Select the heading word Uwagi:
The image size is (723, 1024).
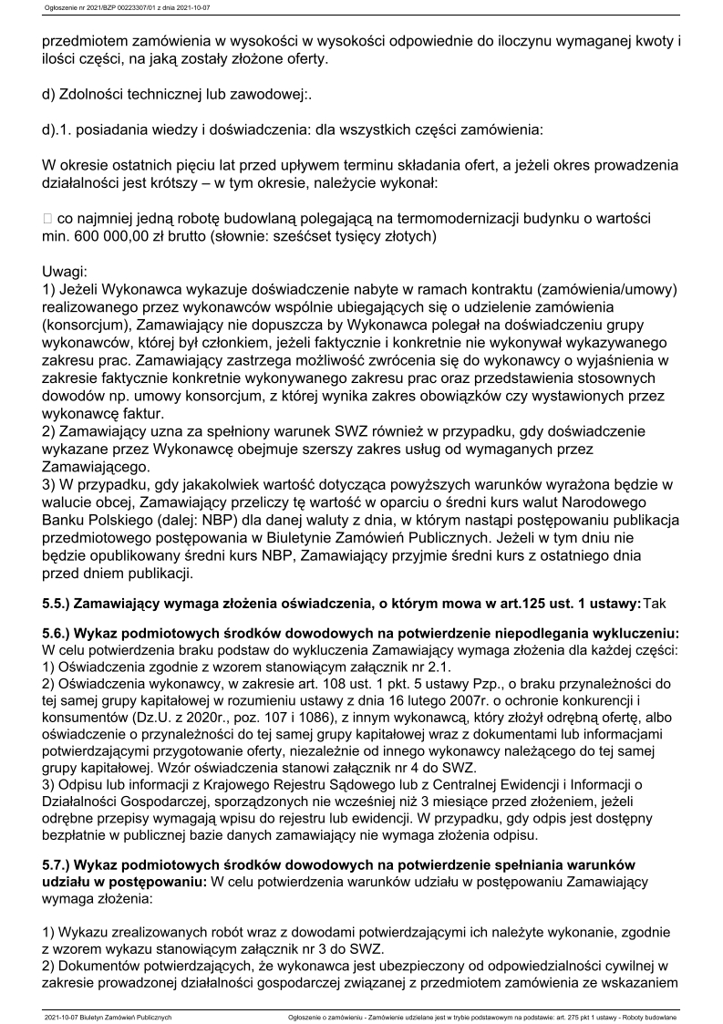pyautogui.click(x=65, y=272)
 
